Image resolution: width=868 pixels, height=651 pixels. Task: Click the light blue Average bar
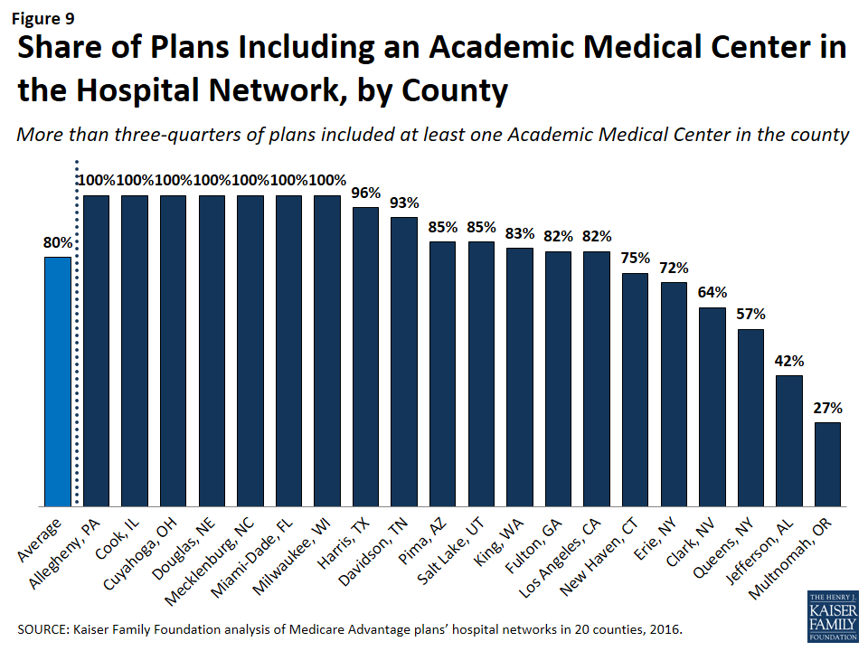58,382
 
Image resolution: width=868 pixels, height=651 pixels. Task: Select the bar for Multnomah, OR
827,464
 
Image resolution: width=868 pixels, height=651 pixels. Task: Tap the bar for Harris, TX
366,356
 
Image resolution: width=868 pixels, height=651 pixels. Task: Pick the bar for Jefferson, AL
789,440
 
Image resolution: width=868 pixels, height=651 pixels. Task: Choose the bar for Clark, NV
712,407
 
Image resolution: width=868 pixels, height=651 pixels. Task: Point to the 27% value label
827,408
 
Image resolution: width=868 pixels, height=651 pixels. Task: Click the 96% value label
366,193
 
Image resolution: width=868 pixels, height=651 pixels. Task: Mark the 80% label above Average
58,242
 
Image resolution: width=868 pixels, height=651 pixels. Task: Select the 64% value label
712,292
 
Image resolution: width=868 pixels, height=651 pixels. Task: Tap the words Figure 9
42,15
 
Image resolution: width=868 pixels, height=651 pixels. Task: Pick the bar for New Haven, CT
636,390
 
